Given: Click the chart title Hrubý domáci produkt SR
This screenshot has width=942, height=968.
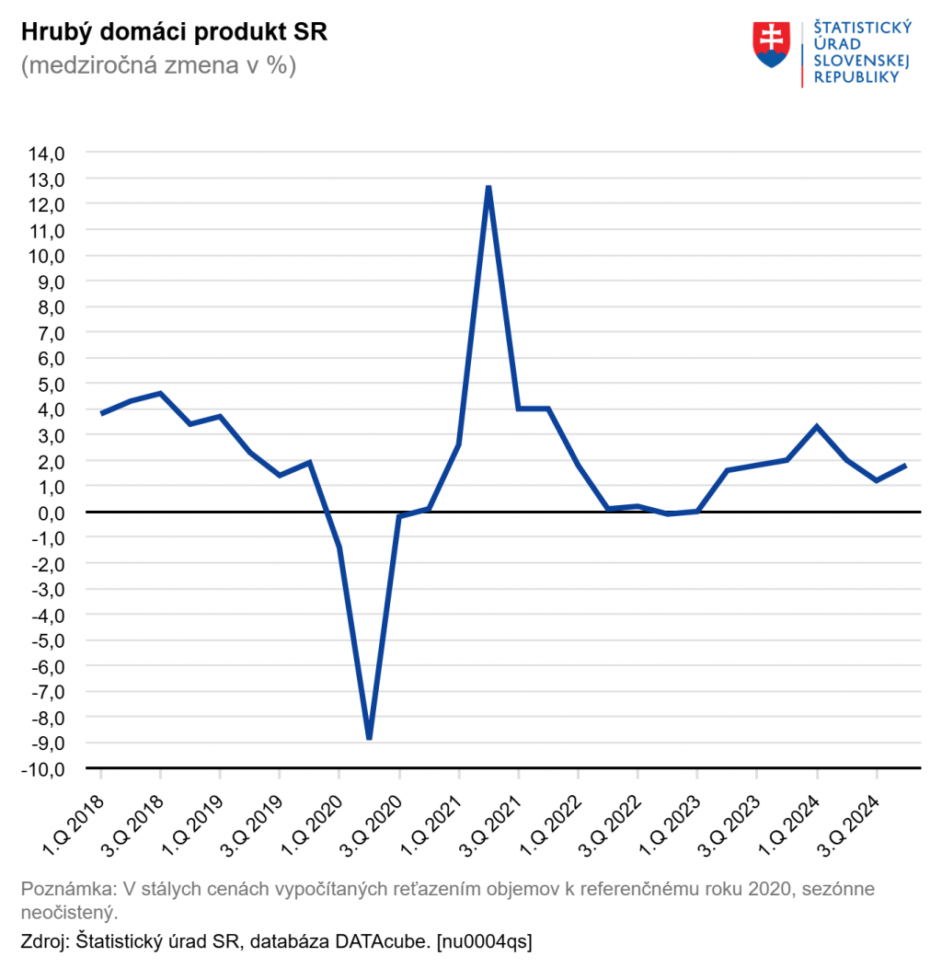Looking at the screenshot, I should point(174,32).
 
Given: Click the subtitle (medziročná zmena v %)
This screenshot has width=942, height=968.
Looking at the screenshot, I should point(158,66).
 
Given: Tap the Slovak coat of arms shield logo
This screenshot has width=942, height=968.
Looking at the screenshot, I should point(772,44).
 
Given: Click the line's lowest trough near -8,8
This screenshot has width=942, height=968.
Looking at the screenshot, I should point(369,737).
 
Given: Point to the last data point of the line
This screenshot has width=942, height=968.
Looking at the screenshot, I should point(906,466).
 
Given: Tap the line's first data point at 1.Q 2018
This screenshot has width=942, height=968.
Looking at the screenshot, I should point(101,414).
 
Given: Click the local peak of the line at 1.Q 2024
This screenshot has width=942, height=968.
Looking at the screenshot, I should point(817,427).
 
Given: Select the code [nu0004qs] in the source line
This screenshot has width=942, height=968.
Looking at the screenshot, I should point(484,941).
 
